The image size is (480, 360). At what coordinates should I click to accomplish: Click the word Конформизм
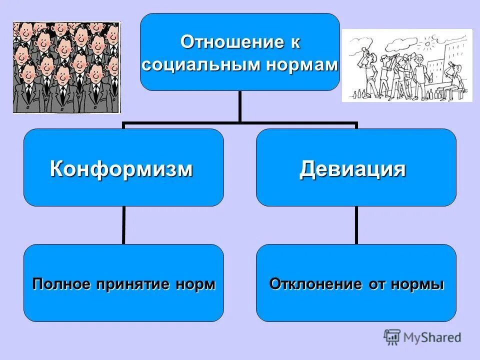(121, 169)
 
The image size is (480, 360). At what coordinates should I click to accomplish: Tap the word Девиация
(352, 169)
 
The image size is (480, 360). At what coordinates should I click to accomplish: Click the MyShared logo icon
(392, 337)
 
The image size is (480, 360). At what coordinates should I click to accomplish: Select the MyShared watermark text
(432, 338)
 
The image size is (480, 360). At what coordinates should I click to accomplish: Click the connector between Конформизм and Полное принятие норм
(123, 225)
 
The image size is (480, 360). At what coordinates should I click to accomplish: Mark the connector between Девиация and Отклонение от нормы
(356, 225)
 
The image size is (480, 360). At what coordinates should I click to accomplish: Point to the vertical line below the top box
(240, 106)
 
